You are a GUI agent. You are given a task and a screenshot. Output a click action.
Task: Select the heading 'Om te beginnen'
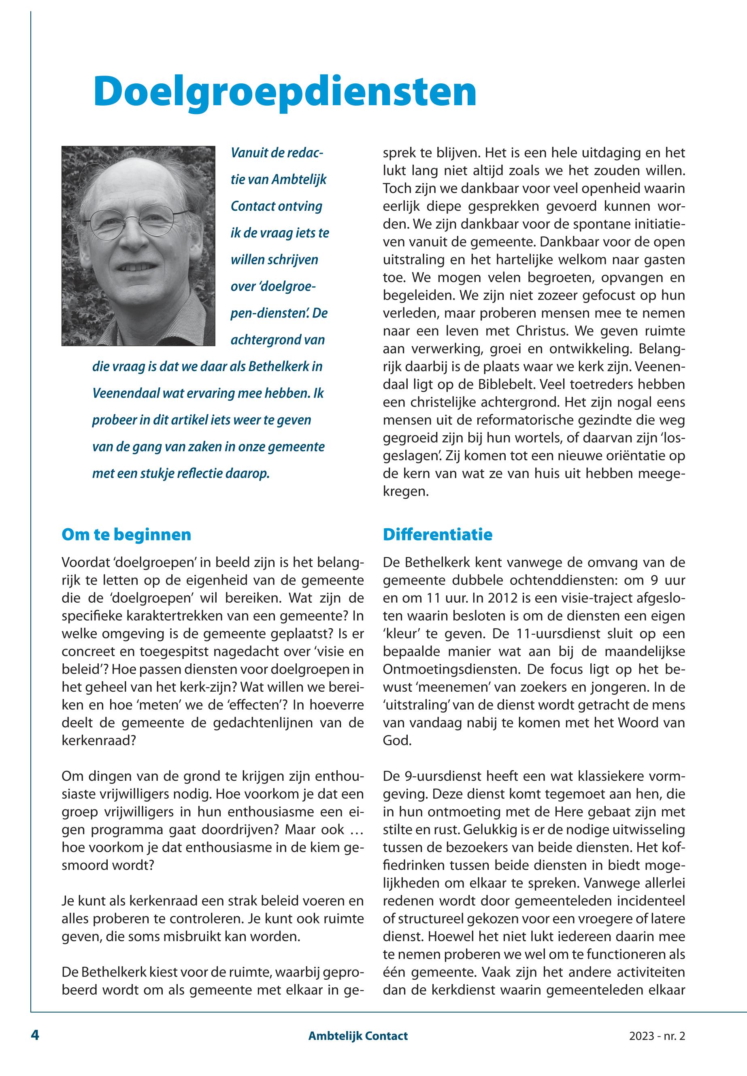[x=126, y=534]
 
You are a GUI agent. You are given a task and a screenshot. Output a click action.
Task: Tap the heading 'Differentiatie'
[x=437, y=534]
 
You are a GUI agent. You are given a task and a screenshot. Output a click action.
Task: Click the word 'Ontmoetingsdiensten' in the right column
[x=449, y=669]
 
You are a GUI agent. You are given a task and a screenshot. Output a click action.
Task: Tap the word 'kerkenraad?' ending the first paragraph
[x=98, y=741]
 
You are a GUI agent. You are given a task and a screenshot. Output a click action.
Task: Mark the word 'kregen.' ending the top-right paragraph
[x=405, y=491]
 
